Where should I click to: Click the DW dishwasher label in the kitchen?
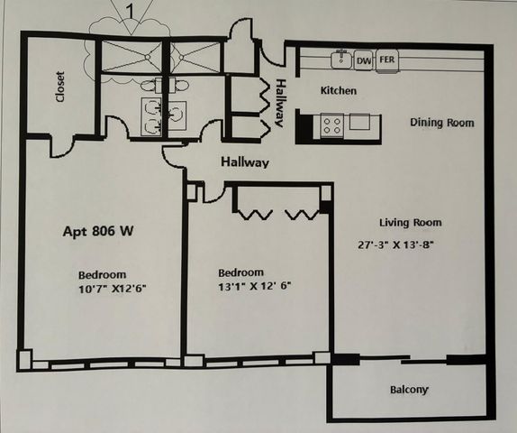pos(364,60)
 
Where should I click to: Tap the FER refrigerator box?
pos(387,60)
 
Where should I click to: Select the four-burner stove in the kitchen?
pos(331,124)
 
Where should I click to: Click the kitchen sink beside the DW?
pos(341,60)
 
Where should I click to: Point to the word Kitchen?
pos(339,91)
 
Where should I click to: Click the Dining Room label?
pos(441,123)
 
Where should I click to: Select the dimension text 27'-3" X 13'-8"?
pos(402,244)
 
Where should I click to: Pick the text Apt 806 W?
pos(98,231)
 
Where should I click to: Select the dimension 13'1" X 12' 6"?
pos(256,287)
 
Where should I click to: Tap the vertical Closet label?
pos(60,87)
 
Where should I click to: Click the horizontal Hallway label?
pos(245,162)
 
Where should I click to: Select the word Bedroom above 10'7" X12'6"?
pos(102,274)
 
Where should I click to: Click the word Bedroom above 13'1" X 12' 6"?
pos(241,272)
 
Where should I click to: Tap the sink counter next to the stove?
pos(359,123)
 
